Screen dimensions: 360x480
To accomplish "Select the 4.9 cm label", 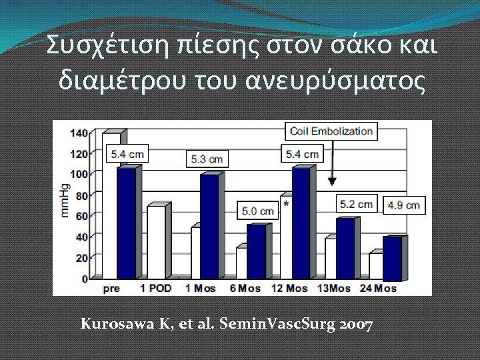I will (403, 205).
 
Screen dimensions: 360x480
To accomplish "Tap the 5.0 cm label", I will (257, 211).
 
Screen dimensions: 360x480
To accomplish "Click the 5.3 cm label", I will (206, 159).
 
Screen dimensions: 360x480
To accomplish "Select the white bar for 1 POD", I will (156, 242).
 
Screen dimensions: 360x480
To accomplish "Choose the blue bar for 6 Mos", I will (256, 251).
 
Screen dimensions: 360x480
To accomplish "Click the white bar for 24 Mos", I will (376, 265).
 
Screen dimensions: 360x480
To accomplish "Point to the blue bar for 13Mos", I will (345, 248).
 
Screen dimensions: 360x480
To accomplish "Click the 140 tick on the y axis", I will (78, 133).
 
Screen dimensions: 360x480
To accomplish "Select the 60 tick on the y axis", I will (81, 216).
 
